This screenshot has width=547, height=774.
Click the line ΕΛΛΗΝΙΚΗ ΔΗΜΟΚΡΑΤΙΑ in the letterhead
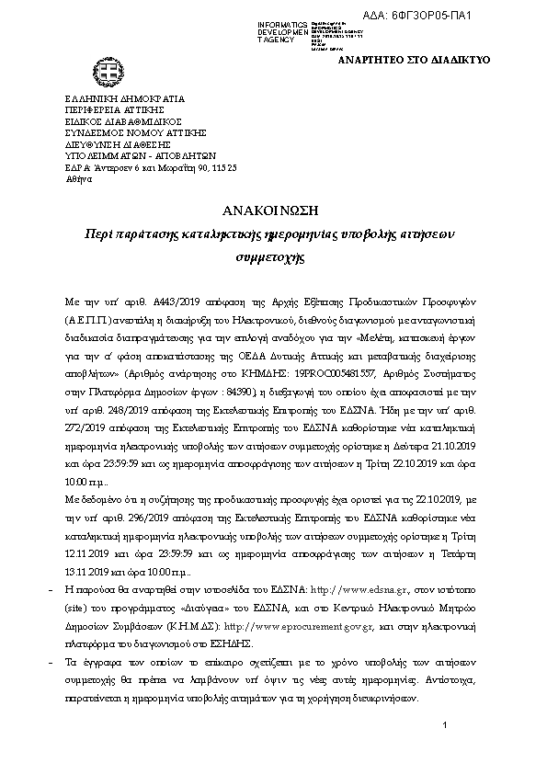124,98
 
